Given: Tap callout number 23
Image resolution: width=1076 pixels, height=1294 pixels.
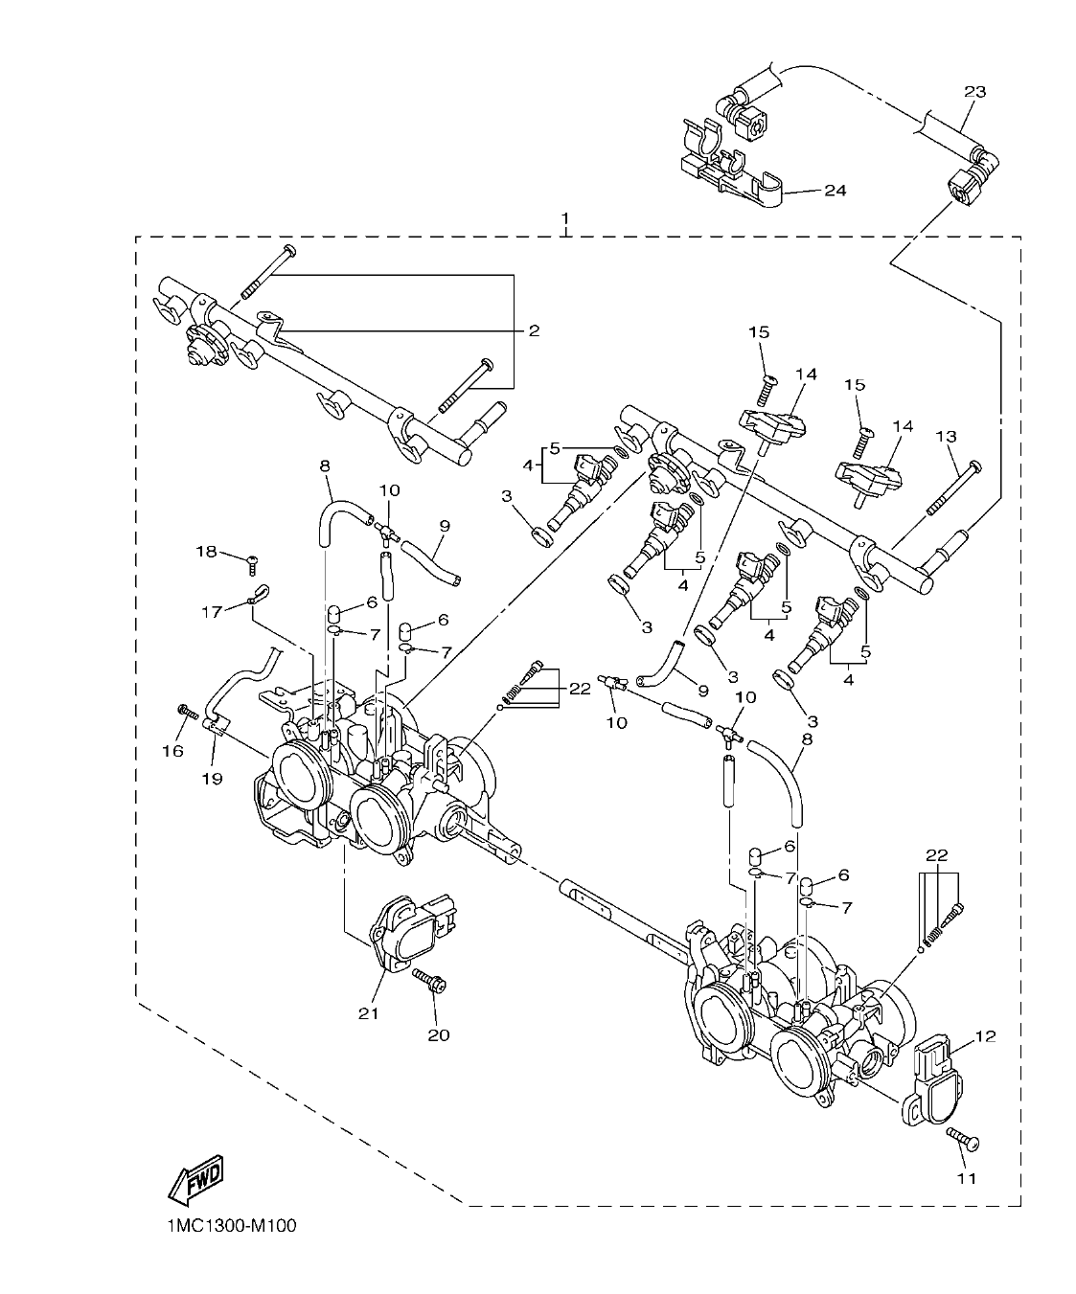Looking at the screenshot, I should (x=973, y=92).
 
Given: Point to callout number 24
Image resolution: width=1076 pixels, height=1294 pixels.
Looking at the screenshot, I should (x=835, y=191).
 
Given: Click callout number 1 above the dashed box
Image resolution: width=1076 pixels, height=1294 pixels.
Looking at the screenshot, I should (x=565, y=219).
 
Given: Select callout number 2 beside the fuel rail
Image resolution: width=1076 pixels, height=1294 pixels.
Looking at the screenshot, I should (x=534, y=330).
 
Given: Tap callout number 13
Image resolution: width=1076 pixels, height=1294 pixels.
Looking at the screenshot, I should (x=946, y=437).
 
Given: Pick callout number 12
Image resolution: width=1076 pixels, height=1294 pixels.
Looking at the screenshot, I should (x=986, y=1035).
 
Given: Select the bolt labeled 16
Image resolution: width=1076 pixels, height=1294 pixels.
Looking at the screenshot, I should (x=186, y=712).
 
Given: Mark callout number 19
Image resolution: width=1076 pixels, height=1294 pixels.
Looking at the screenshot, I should (x=212, y=779).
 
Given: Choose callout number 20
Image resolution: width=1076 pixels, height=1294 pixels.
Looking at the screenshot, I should (x=439, y=1034).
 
